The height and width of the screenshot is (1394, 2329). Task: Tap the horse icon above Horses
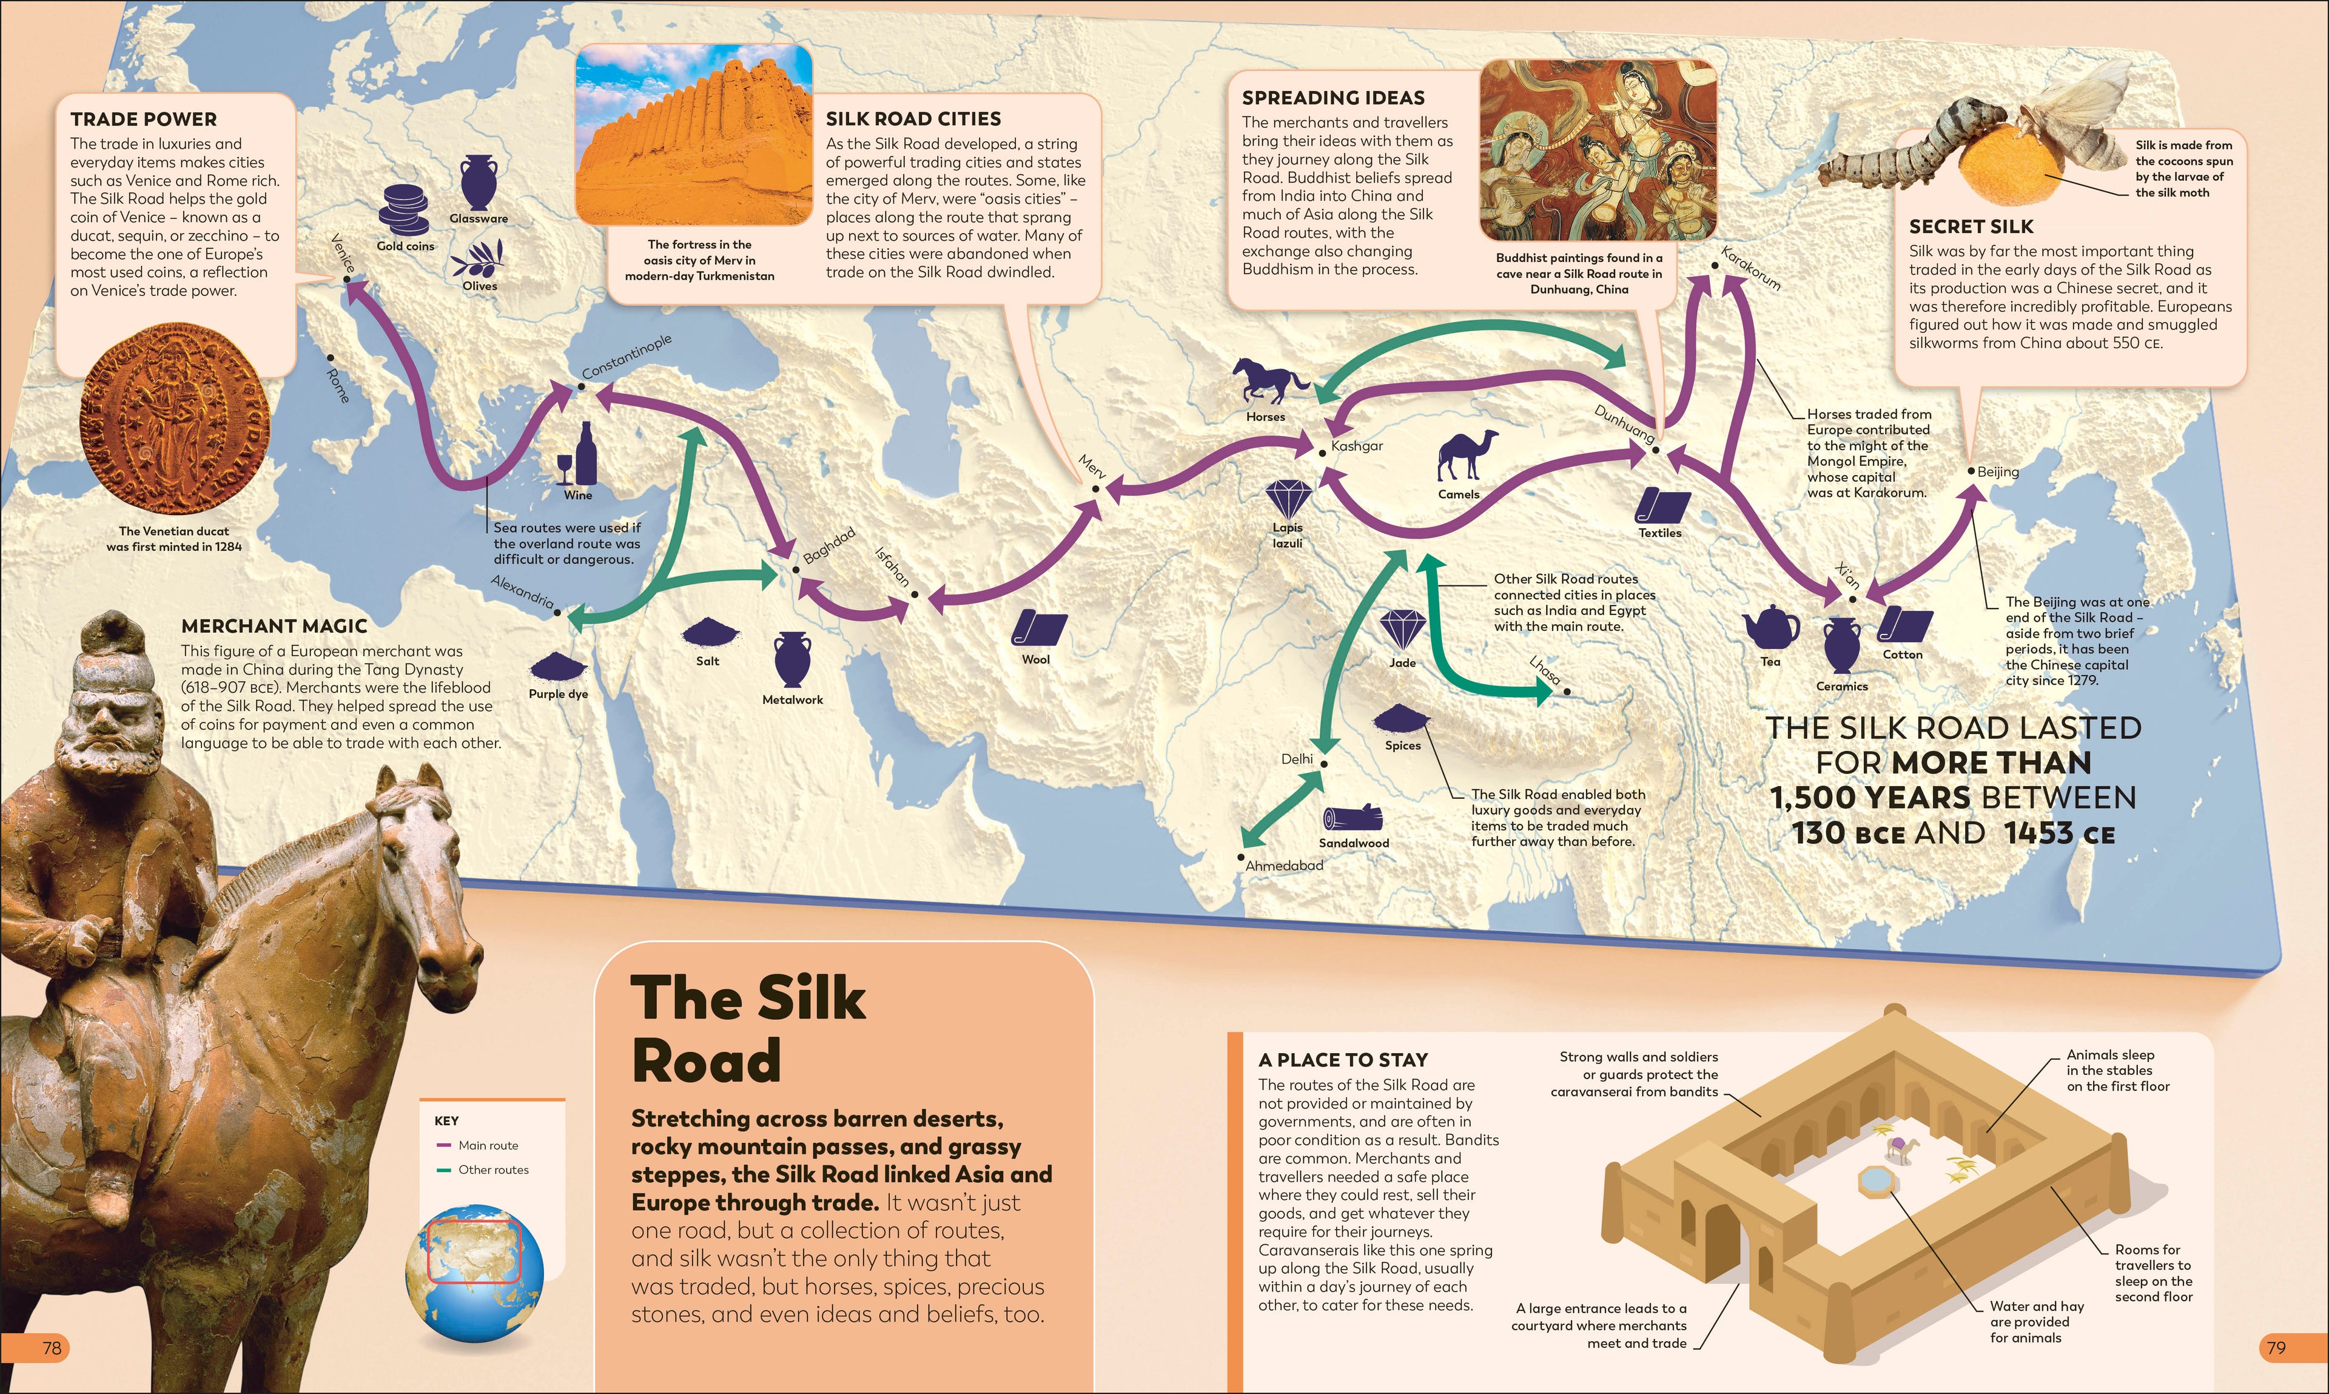click(x=1269, y=380)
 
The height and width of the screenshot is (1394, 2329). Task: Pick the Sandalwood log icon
click(x=1353, y=818)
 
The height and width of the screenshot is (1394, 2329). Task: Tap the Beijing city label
click(x=1997, y=471)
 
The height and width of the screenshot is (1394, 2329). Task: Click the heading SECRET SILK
click(x=1971, y=226)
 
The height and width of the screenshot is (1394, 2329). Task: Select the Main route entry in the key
click(x=488, y=1145)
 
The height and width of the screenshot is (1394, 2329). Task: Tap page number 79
click(x=2276, y=1348)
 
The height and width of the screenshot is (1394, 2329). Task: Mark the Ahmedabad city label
click(x=1284, y=865)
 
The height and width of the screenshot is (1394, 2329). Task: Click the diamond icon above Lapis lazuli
click(x=1288, y=498)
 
